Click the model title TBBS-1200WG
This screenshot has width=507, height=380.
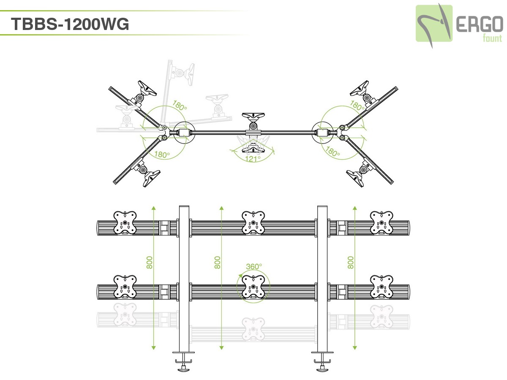70,24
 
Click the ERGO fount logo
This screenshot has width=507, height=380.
458,24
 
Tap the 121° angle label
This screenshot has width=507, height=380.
253,159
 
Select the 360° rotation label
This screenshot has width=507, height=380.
254,266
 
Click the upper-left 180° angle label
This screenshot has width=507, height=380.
179,106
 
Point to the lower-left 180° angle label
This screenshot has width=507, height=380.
161,155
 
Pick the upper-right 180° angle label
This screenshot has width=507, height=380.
357,106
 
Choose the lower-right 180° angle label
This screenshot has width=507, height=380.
333,152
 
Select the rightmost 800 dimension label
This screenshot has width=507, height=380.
351,262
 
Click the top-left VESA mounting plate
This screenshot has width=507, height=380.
125,223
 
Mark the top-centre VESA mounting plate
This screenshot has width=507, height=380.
253,223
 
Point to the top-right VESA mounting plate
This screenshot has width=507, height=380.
382,223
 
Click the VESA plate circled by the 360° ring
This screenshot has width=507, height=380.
253,287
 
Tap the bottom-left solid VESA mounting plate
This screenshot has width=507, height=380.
125,287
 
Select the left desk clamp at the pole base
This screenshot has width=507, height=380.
184,361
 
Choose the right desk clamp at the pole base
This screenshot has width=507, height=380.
323,361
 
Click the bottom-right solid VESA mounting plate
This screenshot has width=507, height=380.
382,287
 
